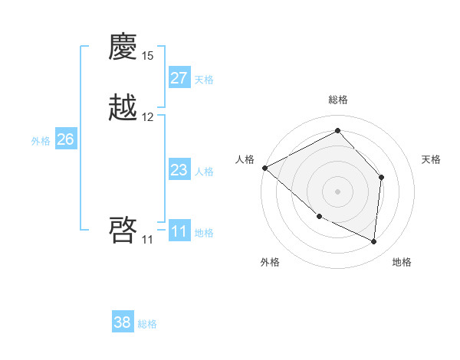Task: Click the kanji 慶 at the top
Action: coord(123,49)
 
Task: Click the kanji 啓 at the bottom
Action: coord(123,230)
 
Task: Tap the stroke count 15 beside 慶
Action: coord(148,56)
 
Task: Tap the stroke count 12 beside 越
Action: coord(148,117)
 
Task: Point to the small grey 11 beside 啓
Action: coord(147,240)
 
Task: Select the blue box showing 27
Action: coord(179,78)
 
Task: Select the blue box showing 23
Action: coord(179,170)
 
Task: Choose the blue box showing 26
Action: coord(66,139)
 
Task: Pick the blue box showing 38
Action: coord(123,322)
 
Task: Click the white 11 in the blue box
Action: coord(179,231)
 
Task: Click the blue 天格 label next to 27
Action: coord(204,80)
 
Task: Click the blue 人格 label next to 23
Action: coord(204,172)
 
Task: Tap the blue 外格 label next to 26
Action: coord(41,141)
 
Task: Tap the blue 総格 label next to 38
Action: coord(147,324)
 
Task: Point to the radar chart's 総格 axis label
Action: coord(338,100)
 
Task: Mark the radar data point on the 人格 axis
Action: coord(264,168)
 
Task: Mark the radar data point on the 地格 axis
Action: coord(374,241)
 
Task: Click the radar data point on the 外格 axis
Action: coord(320,217)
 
